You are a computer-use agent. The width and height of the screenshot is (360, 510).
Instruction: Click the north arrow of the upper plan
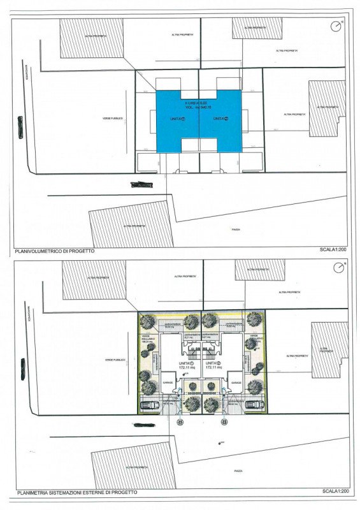(x=336, y=26)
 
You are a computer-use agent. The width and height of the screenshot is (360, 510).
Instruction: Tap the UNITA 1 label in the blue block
(x=178, y=119)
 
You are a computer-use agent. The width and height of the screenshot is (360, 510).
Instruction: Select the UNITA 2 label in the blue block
(x=220, y=119)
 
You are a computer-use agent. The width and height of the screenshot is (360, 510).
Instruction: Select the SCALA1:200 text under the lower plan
(x=335, y=492)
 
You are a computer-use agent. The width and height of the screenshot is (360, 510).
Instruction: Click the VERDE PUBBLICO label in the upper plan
(x=113, y=118)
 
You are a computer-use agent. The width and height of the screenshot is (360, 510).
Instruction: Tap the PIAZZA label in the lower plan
(x=238, y=470)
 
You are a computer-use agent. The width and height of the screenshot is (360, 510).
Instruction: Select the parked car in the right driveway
(x=253, y=405)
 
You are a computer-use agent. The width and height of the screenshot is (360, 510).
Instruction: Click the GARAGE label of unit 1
(x=167, y=382)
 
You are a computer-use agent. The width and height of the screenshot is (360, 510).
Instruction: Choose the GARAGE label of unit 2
(x=235, y=382)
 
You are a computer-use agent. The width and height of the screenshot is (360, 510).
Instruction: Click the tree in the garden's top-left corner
(x=148, y=321)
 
